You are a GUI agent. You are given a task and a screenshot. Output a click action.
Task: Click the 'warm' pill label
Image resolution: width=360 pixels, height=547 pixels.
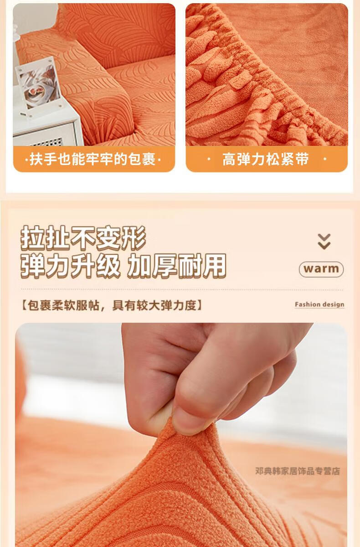[321, 269]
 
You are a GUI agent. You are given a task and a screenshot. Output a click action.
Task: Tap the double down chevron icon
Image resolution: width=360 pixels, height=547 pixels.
[324, 241]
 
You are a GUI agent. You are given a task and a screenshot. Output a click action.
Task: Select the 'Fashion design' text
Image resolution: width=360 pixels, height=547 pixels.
[319, 304]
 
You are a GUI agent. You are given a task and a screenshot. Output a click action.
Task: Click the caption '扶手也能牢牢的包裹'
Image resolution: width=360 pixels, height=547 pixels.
[93, 159]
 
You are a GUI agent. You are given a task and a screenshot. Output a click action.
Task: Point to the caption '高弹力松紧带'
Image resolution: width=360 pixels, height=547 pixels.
[266, 159]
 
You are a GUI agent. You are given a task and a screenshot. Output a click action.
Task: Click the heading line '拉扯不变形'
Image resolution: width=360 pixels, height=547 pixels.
[83, 237]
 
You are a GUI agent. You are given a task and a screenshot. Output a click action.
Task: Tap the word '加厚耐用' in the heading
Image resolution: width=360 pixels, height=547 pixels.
[177, 266]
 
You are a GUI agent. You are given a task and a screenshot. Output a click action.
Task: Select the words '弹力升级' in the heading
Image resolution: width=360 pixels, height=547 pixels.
[71, 266]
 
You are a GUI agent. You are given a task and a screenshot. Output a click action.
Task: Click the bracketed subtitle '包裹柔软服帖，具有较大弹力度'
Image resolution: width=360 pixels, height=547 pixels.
[112, 305]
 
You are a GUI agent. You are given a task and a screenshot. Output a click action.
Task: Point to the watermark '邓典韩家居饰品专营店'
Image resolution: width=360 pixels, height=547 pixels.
[298, 471]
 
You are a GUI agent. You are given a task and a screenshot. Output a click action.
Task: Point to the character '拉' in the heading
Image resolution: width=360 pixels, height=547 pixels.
[33, 237]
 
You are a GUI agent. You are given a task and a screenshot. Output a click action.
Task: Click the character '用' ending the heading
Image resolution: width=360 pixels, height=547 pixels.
[214, 266]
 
